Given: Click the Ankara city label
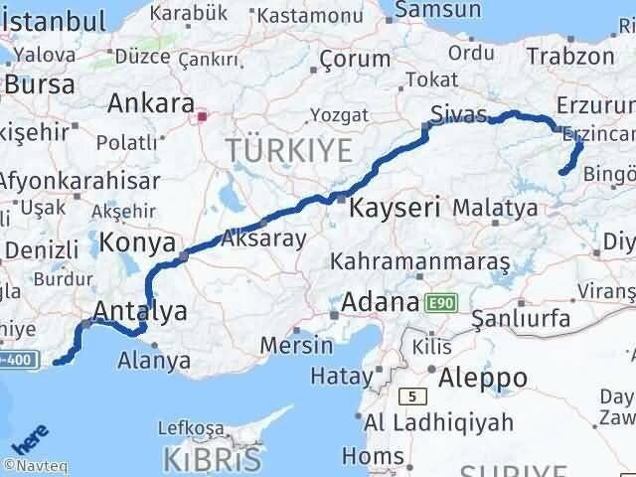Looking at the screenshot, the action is click(x=150, y=103).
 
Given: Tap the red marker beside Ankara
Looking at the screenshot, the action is click(x=203, y=116).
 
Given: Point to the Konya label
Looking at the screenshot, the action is click(x=139, y=242).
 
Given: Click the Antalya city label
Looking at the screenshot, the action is click(x=139, y=312).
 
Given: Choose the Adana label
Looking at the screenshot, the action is click(x=379, y=301).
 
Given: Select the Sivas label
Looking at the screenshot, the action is click(x=457, y=109).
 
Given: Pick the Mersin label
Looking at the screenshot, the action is click(x=296, y=345).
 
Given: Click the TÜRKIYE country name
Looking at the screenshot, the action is click(x=289, y=151).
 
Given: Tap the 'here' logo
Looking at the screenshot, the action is click(x=31, y=437).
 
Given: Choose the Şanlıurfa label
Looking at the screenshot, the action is click(x=520, y=319).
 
